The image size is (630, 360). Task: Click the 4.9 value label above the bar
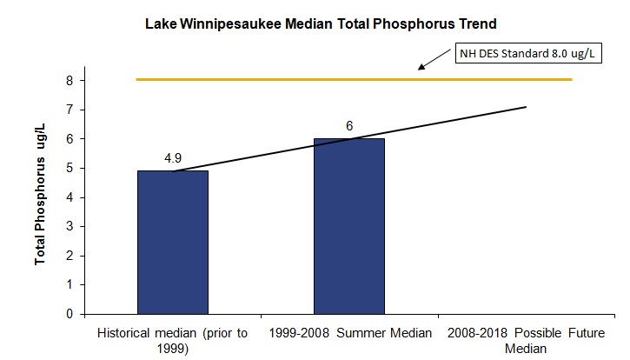pos(172,159)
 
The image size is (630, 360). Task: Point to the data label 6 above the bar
pos(348,126)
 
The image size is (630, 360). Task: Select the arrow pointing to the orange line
pos(436,62)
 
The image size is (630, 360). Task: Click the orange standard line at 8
pos(261,80)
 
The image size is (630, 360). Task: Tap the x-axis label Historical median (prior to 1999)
pos(172,340)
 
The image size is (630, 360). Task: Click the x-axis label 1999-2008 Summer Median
pos(348,333)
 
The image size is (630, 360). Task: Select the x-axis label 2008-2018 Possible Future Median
pos(523,340)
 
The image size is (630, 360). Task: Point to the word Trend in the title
pos(465,22)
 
